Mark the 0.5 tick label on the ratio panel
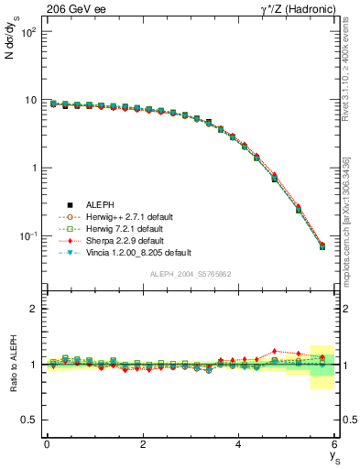[28, 420]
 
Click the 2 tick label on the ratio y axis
[32, 309]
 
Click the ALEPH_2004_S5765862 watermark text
[190, 274]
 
